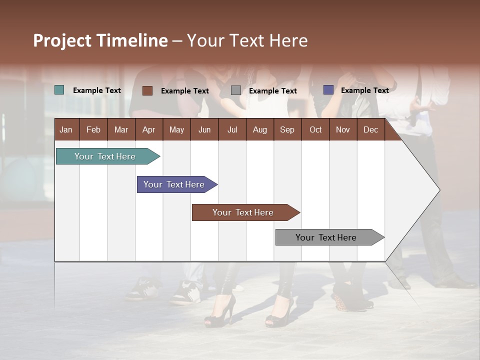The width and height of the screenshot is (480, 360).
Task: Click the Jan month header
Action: (66, 129)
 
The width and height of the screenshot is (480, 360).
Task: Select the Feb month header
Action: (93, 129)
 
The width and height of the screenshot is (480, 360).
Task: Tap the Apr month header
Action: (149, 129)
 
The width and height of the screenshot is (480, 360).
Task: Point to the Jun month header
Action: (204, 129)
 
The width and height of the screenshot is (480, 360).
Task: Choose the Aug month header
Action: (260, 129)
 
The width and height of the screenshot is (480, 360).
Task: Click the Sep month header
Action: (287, 129)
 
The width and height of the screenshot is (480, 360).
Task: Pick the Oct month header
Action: (315, 129)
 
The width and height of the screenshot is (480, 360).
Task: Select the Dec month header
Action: (371, 129)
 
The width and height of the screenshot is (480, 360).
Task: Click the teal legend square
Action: (59, 90)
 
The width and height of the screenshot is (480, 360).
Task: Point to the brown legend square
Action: (147, 90)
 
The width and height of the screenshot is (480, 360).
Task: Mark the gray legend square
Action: (236, 90)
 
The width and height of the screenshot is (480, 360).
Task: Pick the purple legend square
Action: (328, 90)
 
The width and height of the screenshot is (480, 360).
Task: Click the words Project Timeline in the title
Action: (100, 40)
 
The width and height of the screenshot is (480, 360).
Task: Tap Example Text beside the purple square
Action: (364, 90)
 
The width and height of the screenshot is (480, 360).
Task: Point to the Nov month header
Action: (343, 129)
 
